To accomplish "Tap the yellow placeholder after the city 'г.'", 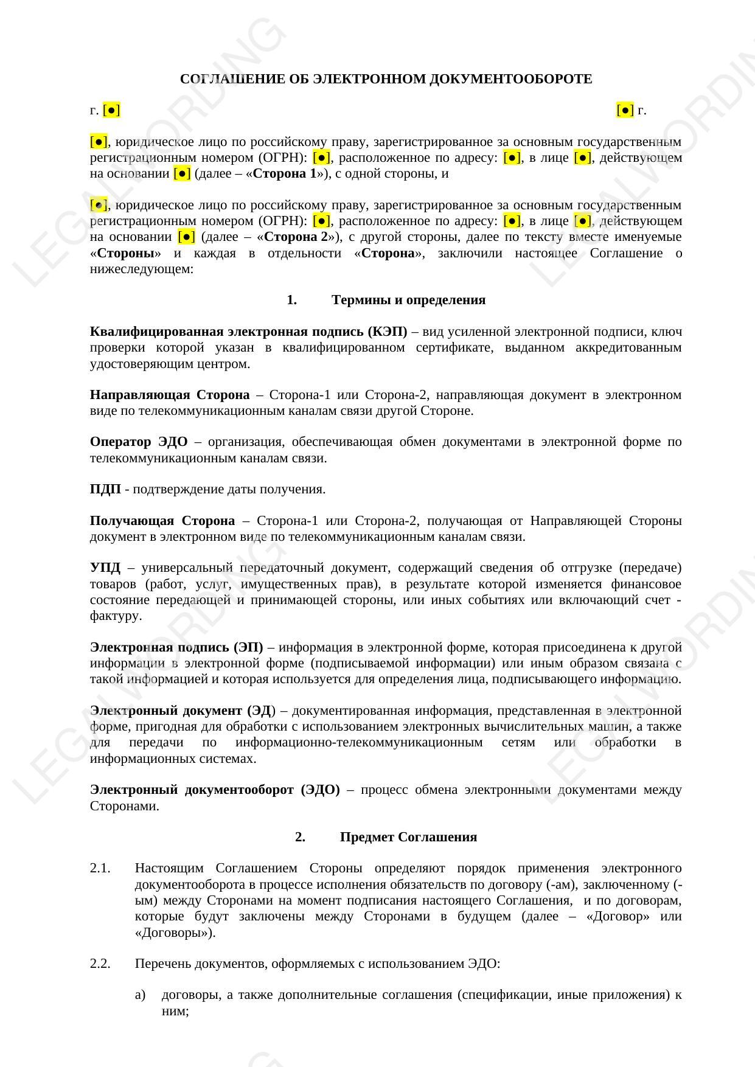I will (x=112, y=110).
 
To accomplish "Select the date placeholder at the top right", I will (x=625, y=110).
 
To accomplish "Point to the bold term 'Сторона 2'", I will (x=296, y=237).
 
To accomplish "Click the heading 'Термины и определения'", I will (x=408, y=300).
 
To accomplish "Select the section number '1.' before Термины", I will (x=291, y=300).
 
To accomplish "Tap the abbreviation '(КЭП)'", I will (x=388, y=332).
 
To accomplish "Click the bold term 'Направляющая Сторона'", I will (x=170, y=395).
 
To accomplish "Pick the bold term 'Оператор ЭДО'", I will (x=139, y=442).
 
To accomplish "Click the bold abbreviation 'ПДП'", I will (x=105, y=489).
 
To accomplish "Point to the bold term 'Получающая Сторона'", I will (x=162, y=521).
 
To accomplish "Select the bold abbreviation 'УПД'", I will (x=105, y=568).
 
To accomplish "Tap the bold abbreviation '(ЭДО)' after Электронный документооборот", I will (x=320, y=790).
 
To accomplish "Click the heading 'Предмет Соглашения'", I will (x=408, y=837).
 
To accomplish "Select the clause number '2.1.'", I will (x=100, y=869).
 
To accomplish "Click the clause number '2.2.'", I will (x=100, y=964).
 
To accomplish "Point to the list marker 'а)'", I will (x=141, y=995).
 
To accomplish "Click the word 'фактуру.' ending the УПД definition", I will (x=116, y=616).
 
